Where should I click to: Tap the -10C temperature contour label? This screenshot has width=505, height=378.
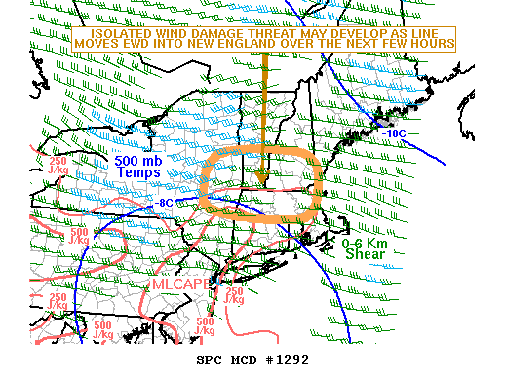point(395,132)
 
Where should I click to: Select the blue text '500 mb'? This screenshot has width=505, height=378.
point(138,161)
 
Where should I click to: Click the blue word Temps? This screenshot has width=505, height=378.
point(138,173)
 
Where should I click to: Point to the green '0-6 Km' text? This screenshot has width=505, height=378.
point(365,243)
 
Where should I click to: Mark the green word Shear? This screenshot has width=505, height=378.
point(366,254)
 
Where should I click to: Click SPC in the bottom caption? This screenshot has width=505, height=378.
point(210,359)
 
